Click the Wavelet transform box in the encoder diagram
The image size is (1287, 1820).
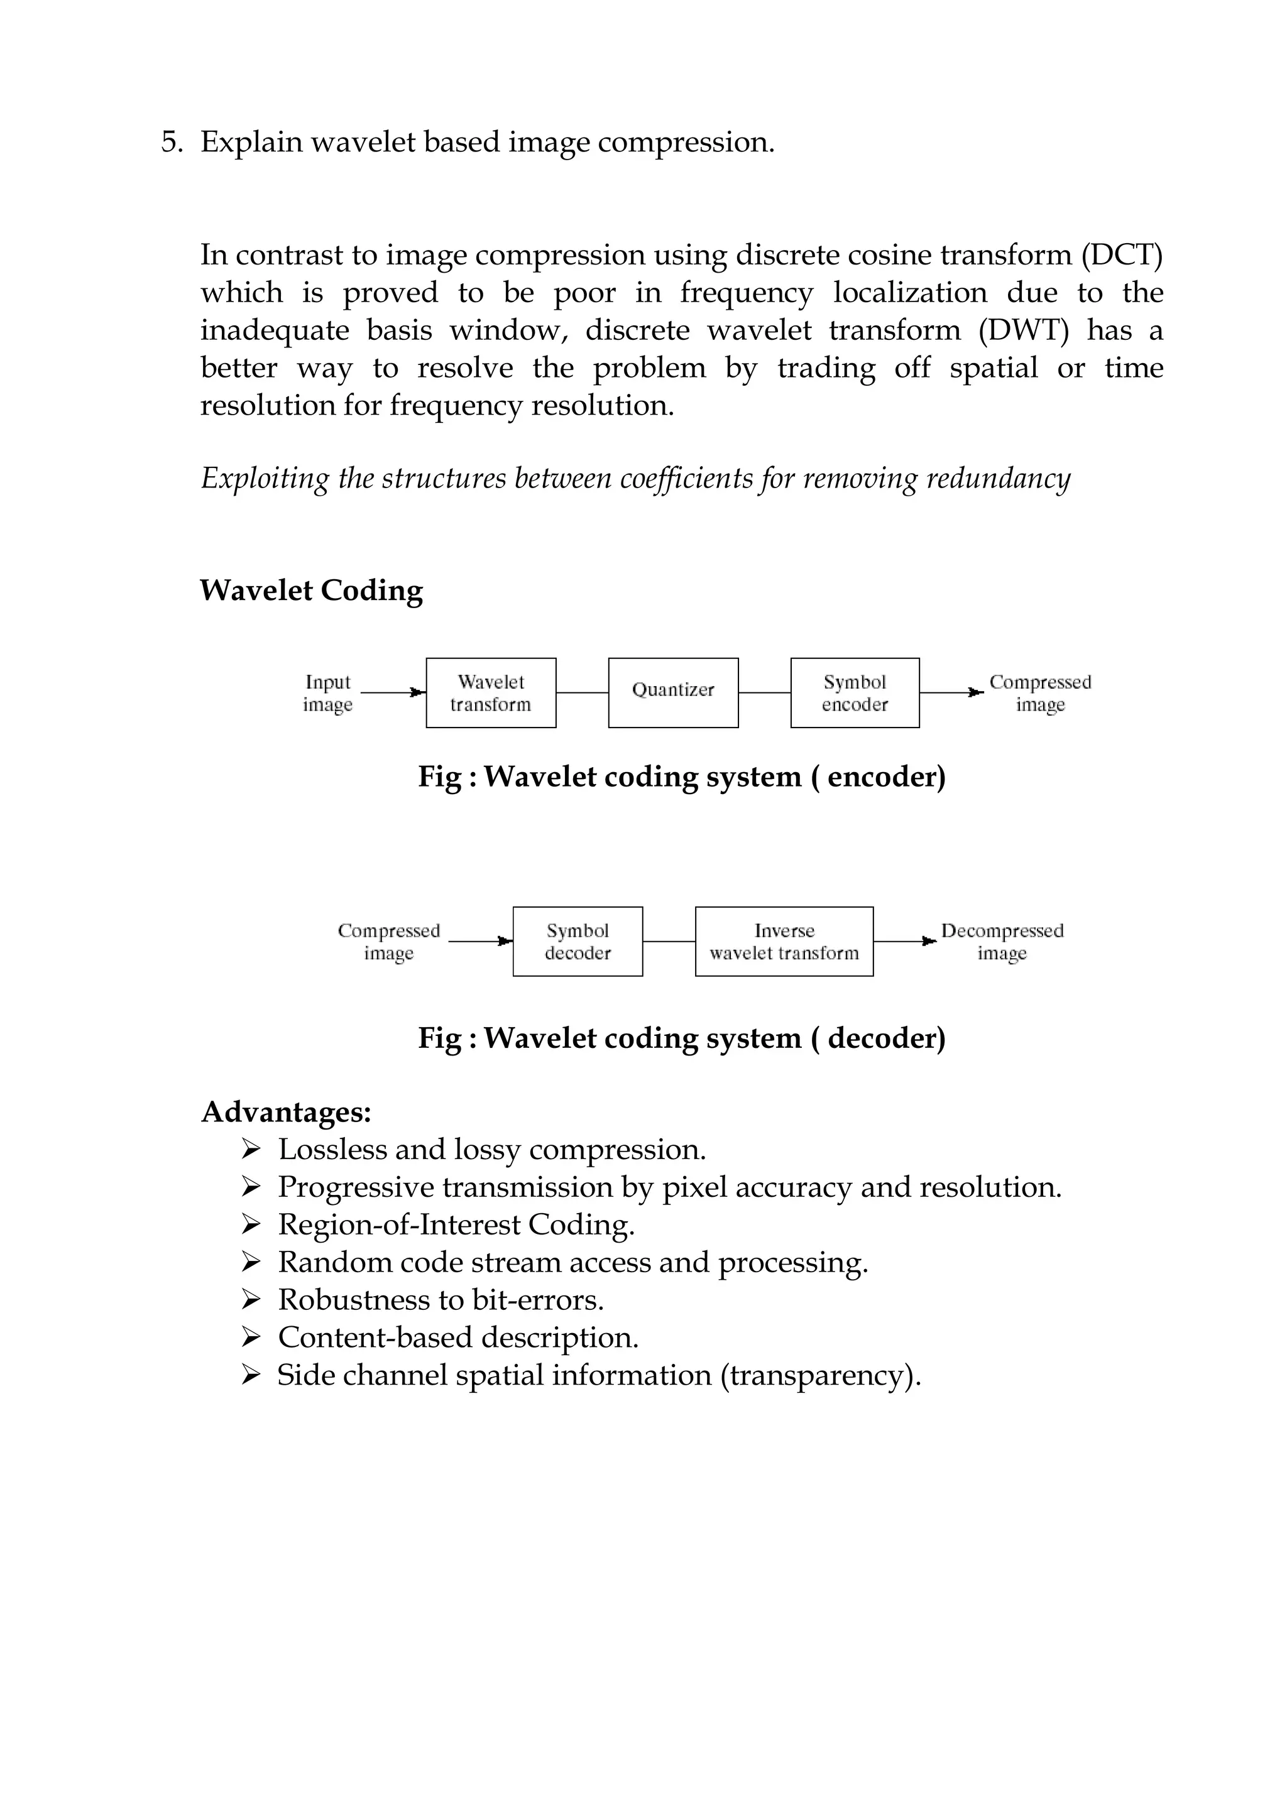(491, 693)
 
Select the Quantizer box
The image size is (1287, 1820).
(673, 693)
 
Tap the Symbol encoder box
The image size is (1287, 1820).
(855, 693)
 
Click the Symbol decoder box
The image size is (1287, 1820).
(578, 942)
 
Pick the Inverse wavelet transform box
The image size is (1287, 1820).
(784, 942)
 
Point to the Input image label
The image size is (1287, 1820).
(327, 693)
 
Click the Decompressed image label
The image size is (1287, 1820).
(1002, 942)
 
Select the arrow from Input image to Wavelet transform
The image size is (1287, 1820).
(393, 693)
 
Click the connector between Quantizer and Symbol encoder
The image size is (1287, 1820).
(764, 693)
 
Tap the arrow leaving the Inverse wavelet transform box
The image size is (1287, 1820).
(904, 942)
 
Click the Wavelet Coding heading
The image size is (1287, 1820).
(311, 591)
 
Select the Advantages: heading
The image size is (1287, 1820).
(287, 1112)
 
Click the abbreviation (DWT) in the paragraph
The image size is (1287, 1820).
(1023, 330)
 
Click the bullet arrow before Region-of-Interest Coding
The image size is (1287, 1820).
(251, 1226)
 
